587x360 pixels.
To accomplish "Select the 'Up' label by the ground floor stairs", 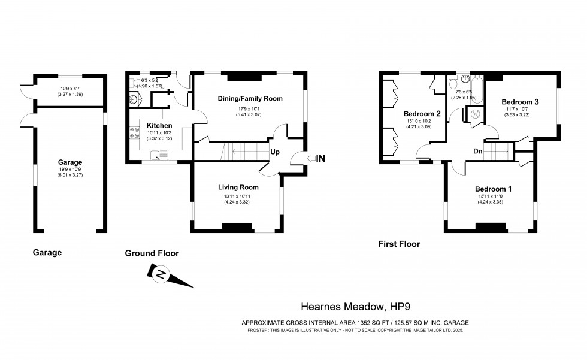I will point(275,152).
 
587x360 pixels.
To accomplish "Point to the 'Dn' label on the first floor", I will point(478,152).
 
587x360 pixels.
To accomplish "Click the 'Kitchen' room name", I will point(159,125).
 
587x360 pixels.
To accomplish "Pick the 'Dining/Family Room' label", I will point(250,98).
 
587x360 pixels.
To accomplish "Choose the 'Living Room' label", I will point(238,187).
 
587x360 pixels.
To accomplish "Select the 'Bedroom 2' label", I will point(422,114).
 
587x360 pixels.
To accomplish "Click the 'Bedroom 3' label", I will point(520,102).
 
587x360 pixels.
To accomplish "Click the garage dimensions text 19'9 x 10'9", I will point(70,170).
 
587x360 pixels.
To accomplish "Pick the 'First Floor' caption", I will point(399,244).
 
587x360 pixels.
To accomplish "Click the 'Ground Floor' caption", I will point(152,253).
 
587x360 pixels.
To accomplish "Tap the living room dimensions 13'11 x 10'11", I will point(238,195).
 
